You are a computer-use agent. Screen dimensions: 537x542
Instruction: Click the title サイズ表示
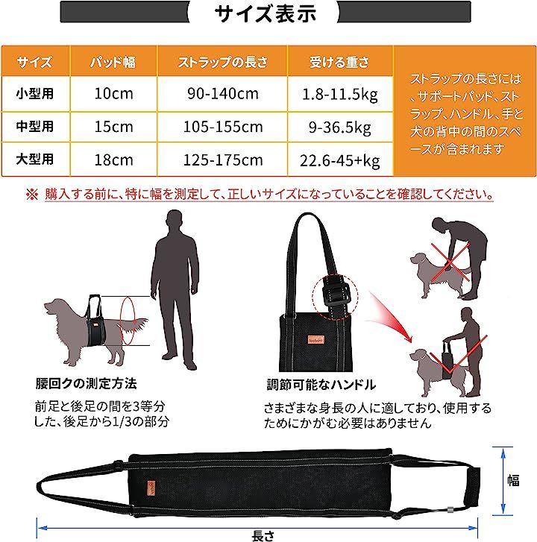(266, 14)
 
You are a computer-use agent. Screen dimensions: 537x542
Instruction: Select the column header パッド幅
(113, 62)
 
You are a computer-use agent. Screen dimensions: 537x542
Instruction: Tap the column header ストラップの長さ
(223, 62)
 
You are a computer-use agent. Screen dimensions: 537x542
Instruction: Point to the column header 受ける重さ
(339, 62)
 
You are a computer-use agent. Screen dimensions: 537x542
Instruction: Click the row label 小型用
(35, 93)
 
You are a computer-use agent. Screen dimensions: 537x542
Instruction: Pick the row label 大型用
(35, 160)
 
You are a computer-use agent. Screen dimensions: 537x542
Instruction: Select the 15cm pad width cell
(114, 127)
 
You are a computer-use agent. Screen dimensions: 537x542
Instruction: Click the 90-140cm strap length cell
(223, 94)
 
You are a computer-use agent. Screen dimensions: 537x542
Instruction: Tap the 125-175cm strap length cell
(223, 160)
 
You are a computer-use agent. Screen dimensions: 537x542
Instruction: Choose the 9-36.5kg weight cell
(340, 127)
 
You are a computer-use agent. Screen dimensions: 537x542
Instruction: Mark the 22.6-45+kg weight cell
(340, 161)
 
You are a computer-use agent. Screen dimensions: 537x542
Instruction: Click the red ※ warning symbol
(32, 195)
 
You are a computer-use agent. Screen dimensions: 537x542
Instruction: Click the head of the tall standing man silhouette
(175, 221)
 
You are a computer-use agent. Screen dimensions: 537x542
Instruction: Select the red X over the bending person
(450, 261)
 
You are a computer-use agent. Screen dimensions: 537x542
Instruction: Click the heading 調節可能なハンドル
(321, 385)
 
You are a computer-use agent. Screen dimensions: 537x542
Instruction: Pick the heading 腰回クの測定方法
(86, 383)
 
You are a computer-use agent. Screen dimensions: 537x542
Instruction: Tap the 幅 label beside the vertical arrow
(513, 480)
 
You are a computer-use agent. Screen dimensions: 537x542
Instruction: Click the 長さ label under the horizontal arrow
(263, 536)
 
